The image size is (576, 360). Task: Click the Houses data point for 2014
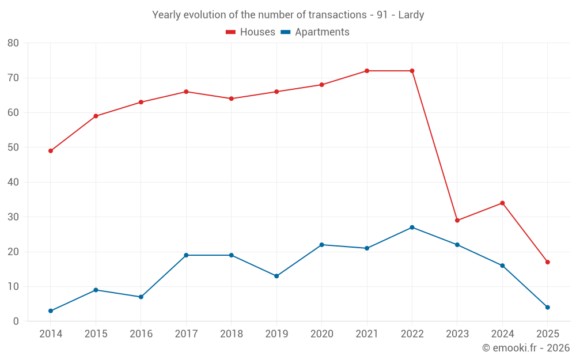(51, 151)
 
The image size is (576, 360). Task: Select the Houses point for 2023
(457, 221)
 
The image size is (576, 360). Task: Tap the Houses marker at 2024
(502, 203)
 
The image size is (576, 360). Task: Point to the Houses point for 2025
(548, 262)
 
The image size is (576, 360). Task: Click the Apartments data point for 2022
(412, 228)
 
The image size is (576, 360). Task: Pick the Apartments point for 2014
(51, 311)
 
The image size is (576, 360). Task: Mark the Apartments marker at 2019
(276, 276)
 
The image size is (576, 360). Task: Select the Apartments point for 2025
(548, 308)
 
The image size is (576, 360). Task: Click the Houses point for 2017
(186, 92)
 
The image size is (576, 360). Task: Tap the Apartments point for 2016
(141, 297)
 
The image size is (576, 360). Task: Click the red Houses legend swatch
(230, 32)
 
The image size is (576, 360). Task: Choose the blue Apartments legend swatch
(285, 32)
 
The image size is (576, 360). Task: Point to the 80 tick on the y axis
(13, 43)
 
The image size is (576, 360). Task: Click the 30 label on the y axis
(13, 217)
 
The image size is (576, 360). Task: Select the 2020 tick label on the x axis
(321, 334)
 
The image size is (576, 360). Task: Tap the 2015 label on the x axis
(96, 334)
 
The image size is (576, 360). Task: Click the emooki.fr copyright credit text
(525, 348)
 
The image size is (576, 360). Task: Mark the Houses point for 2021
(367, 71)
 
